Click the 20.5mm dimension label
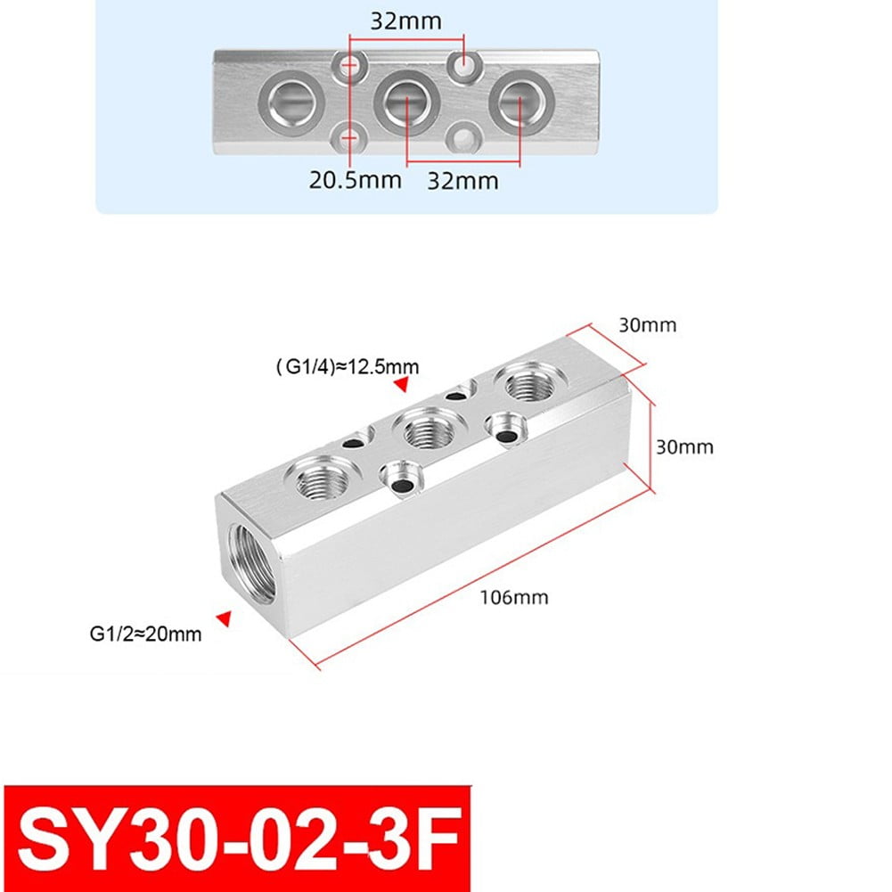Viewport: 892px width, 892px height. pyautogui.click(x=356, y=180)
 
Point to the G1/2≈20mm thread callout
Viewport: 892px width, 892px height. pyautogui.click(x=145, y=634)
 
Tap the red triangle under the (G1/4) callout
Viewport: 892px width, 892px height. pyautogui.click(x=401, y=384)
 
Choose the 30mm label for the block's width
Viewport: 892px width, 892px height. pyautogui.click(x=648, y=325)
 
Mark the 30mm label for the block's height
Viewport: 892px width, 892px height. pyautogui.click(x=684, y=446)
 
